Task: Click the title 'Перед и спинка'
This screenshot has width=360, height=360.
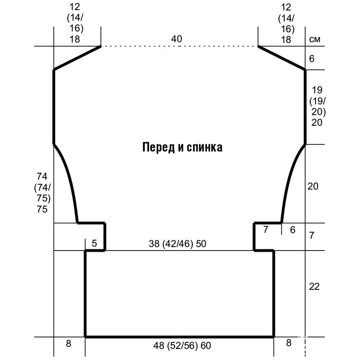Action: (182, 147)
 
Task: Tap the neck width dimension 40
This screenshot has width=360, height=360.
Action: (176, 39)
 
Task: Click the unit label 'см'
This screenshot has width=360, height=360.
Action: (315, 39)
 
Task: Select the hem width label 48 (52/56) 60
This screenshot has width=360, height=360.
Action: (182, 345)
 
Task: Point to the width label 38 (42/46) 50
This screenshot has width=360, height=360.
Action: (177, 244)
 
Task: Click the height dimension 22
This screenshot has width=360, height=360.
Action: (314, 287)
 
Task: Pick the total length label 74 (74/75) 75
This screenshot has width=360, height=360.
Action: (42, 193)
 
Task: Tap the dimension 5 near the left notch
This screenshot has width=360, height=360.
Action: (94, 243)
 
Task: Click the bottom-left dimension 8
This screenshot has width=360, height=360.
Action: (68, 344)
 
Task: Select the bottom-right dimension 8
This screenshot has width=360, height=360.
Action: (289, 343)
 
